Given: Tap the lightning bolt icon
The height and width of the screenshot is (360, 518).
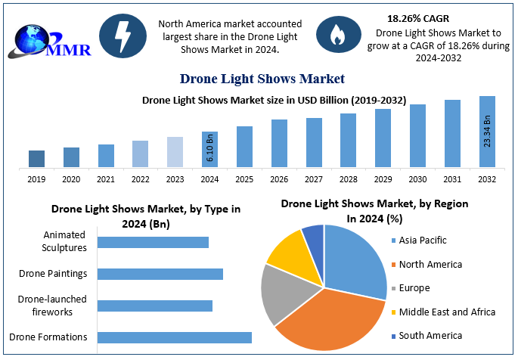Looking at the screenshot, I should coord(121,34).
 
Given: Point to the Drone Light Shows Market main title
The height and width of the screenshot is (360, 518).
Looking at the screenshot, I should coord(262,79).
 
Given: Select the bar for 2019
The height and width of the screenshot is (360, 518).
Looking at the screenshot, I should coord(36,158).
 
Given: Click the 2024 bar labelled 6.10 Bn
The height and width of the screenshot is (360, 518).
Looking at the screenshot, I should coord(209,149).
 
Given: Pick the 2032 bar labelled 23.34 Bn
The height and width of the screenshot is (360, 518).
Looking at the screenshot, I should coord(487,132).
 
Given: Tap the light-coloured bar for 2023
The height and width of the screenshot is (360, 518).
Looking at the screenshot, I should coord(175,152).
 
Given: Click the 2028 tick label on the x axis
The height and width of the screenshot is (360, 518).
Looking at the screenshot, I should coord(348,179).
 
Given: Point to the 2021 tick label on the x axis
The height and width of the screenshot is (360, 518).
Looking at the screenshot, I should coord(106,179).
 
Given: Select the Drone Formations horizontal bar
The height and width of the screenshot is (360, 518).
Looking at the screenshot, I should coord(175,337).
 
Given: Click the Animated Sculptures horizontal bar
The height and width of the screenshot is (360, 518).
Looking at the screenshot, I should coord(153,242).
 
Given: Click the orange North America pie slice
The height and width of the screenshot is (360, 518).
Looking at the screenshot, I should coord(325,318).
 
